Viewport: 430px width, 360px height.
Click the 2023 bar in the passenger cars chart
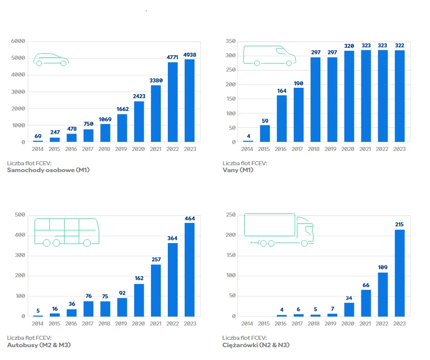190,101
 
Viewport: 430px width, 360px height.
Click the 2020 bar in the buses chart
139,300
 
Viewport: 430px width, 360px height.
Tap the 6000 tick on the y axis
19,41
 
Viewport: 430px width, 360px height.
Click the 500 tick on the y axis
20,215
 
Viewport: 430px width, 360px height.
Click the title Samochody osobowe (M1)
48,170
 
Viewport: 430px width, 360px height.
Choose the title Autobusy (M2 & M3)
39,345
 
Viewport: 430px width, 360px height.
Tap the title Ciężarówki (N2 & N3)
256,345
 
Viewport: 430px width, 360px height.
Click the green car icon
51,60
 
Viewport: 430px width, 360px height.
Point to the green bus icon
66,231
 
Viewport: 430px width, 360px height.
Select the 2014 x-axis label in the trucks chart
247,324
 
